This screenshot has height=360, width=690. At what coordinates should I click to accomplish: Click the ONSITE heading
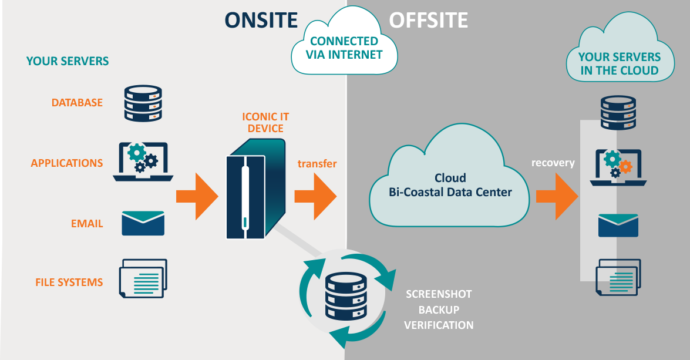coord(261,21)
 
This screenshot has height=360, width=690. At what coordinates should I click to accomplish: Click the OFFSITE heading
coord(429,21)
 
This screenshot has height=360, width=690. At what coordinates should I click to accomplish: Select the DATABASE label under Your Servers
coord(77,103)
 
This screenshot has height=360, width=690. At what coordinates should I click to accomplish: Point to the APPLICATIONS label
coord(67,163)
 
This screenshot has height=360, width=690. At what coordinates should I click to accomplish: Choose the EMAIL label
coord(87,224)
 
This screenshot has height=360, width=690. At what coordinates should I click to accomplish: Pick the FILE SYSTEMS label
coord(69,282)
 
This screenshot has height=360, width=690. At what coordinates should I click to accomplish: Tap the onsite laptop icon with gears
coord(143,162)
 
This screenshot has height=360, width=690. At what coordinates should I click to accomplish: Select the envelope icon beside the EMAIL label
coord(143,224)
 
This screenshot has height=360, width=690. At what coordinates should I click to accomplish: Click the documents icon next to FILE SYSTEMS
coord(143,278)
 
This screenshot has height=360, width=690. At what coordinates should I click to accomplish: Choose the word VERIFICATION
coord(439,325)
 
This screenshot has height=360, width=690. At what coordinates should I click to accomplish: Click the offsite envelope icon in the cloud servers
coord(618,226)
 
